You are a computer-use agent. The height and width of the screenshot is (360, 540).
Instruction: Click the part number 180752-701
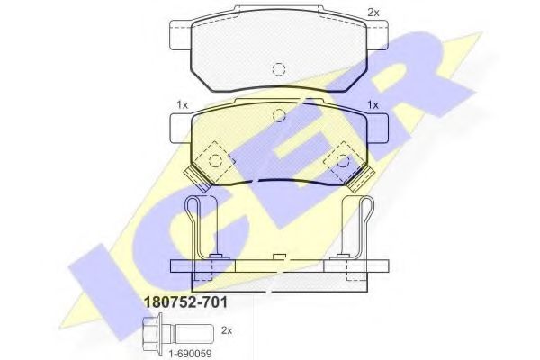185,302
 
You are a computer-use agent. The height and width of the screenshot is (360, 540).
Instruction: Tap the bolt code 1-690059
190,353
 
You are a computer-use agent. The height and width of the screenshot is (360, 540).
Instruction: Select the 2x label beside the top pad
373,13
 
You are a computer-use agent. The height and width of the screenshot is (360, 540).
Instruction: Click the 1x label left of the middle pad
182,104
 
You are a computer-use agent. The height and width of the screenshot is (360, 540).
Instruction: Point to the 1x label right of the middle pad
373,104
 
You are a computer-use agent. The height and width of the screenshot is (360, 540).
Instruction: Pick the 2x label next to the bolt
227,330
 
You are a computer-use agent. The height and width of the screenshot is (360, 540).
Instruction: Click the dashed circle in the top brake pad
279,69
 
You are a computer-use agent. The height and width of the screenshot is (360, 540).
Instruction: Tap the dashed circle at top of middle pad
279,115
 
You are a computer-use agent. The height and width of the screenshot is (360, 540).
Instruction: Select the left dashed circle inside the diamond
216,160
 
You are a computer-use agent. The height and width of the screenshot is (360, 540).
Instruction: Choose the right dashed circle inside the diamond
343,160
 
